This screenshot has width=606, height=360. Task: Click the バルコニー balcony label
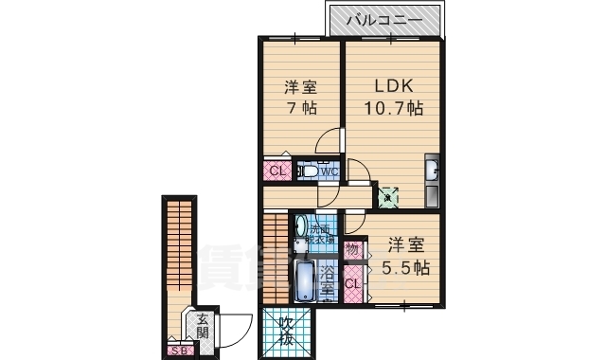click(383, 19)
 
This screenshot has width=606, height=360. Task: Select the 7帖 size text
click(300, 109)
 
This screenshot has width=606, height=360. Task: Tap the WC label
click(329, 171)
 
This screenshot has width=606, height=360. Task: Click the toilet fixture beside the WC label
click(308, 172)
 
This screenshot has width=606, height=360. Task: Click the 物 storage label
click(352, 250)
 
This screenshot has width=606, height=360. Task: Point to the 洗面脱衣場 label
click(323, 234)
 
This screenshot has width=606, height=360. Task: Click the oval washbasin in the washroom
click(301, 228)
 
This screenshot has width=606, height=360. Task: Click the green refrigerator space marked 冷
click(388, 198)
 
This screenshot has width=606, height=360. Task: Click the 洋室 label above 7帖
click(300, 87)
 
